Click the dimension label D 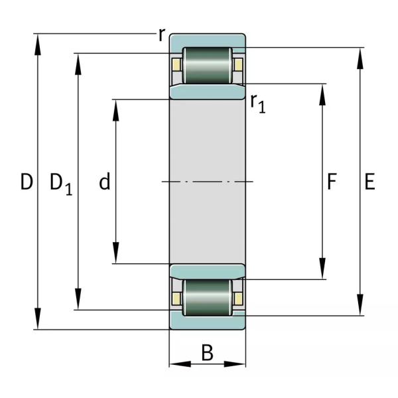pyautogui.click(x=26, y=182)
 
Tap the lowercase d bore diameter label pyautogui.click(x=104, y=182)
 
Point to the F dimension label pyautogui.click(x=332, y=181)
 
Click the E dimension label pyautogui.click(x=369, y=181)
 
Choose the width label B pyautogui.click(x=207, y=353)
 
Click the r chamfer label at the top pyautogui.click(x=161, y=35)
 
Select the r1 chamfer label pyautogui.click(x=257, y=103)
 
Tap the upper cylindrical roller pyautogui.click(x=207, y=65)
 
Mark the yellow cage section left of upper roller pyautogui.click(x=176, y=65)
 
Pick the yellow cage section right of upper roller pyautogui.click(x=237, y=65)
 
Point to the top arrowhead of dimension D pyautogui.click(x=38, y=42)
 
